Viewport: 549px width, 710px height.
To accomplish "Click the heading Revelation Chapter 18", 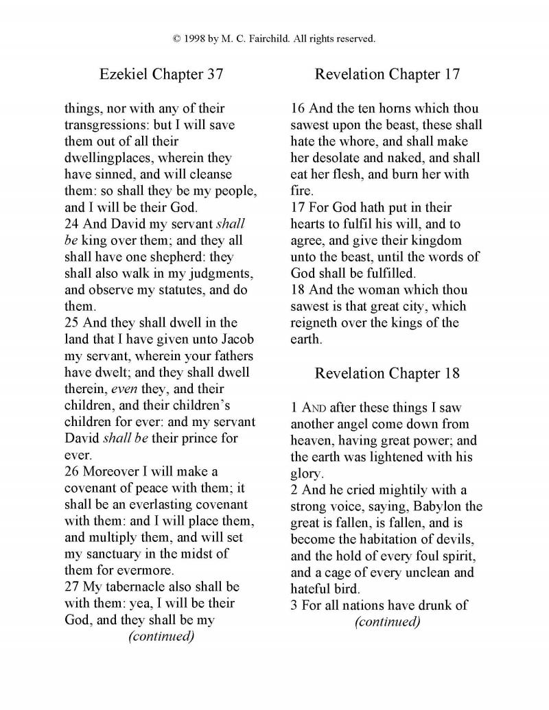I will point(387,373).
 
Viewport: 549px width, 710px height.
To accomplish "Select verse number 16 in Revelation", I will point(297,108).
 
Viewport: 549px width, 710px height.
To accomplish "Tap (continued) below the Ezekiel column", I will point(161,636).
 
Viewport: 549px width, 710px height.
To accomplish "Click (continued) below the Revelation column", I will point(387,622).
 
